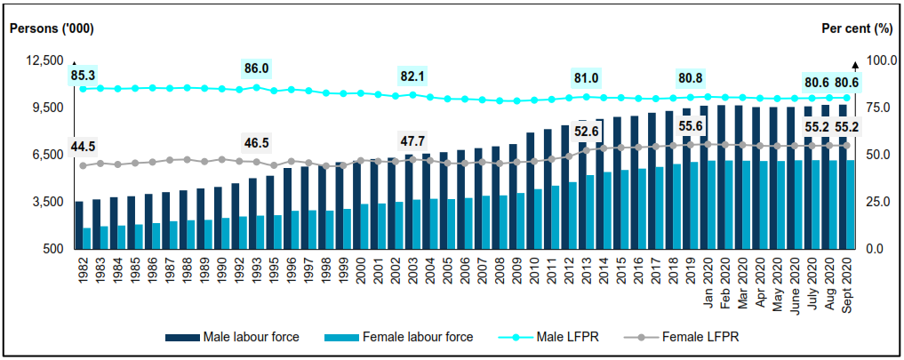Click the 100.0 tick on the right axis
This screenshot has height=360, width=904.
point(876,60)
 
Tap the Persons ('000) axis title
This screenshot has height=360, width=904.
point(52,28)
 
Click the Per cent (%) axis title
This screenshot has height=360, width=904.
point(856,28)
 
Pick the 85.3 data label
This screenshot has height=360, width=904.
point(83,75)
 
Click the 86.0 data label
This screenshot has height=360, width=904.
point(256,68)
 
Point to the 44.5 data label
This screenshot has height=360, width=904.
point(83,146)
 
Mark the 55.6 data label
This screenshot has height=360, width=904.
point(691,126)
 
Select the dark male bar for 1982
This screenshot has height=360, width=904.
point(79,225)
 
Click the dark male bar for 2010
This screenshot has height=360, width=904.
point(530,190)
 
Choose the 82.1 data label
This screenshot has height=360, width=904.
point(412,76)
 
